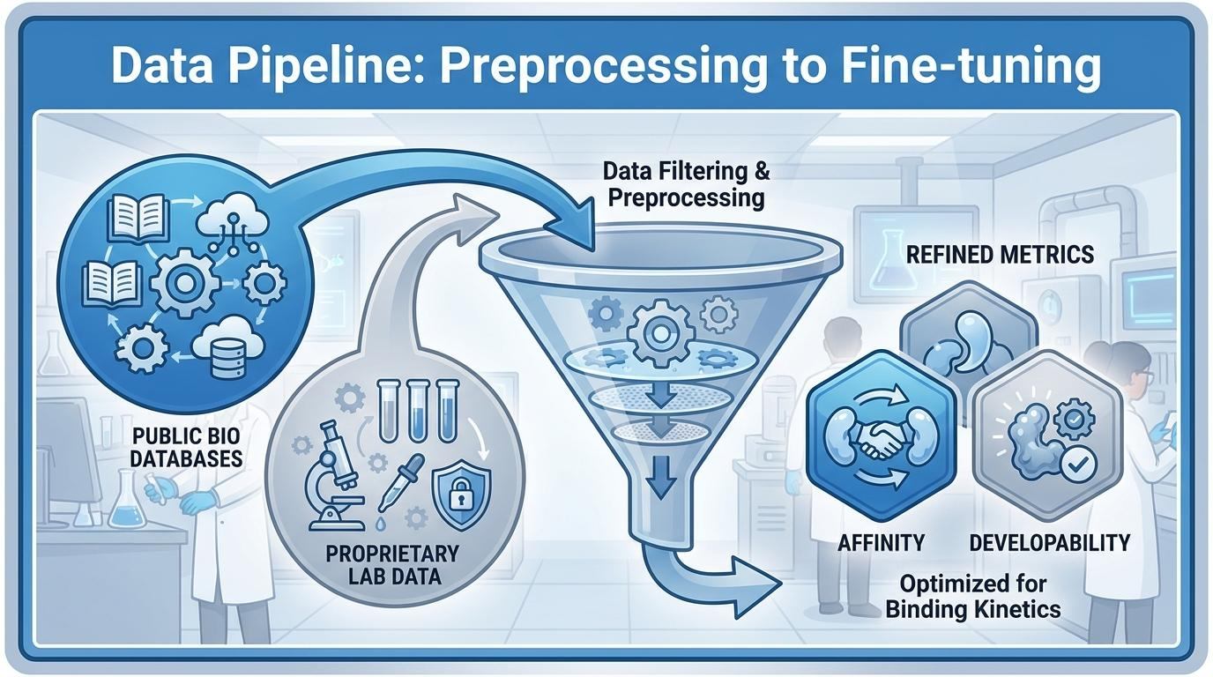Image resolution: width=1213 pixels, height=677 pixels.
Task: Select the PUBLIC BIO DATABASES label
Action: (x=186, y=447)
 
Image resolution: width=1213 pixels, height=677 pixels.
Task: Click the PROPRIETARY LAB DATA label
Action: (x=393, y=565)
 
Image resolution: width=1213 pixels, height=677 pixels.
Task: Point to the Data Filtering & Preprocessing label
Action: (x=686, y=184)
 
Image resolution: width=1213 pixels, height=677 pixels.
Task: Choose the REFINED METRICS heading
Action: (x=1001, y=255)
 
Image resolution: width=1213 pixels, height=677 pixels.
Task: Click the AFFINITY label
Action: (x=881, y=543)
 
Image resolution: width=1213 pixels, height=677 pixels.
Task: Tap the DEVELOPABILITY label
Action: (x=1049, y=543)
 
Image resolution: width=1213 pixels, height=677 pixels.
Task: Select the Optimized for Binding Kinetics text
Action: (x=973, y=597)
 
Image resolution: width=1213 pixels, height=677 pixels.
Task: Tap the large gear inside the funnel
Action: (x=660, y=332)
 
